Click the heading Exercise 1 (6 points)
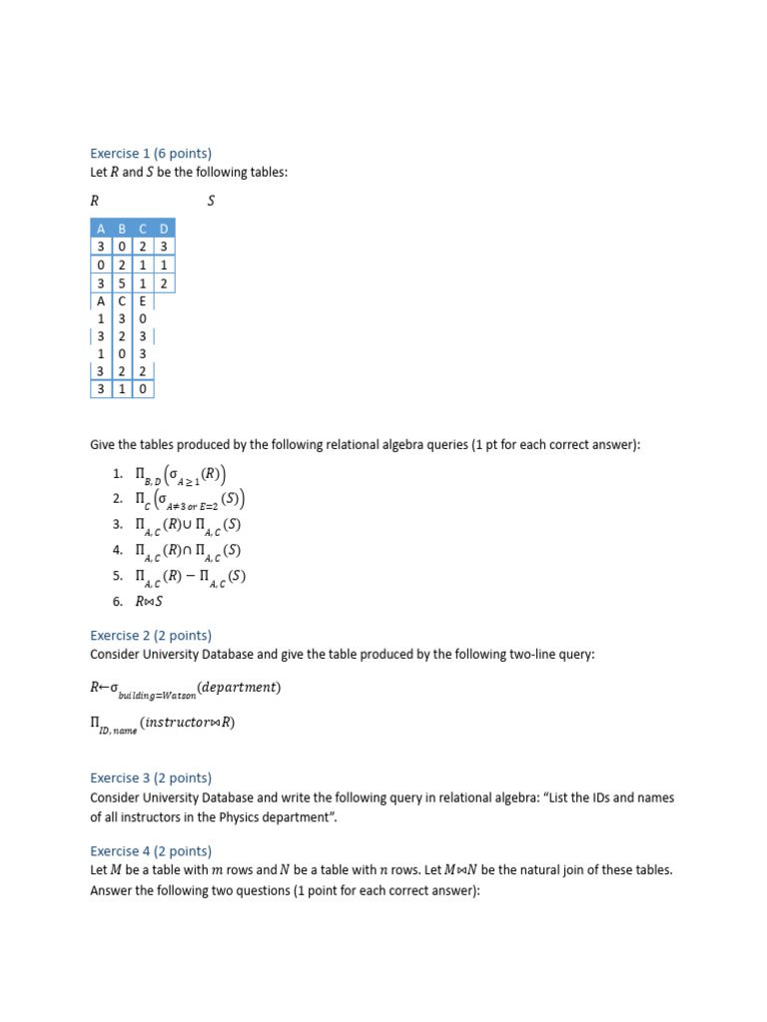click(151, 154)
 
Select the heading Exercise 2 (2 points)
click(151, 636)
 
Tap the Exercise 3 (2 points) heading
click(151, 777)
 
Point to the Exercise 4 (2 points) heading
click(151, 851)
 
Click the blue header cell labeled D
click(164, 230)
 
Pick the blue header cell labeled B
click(122, 230)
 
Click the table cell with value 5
click(122, 283)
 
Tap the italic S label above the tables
click(211, 201)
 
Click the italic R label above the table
click(95, 201)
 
